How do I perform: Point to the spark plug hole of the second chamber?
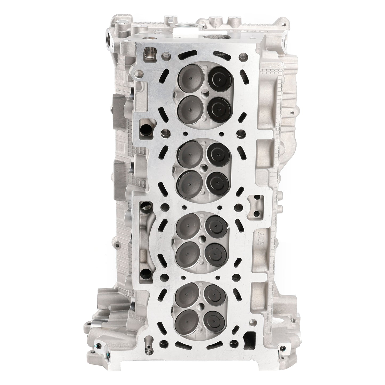(204, 167)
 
